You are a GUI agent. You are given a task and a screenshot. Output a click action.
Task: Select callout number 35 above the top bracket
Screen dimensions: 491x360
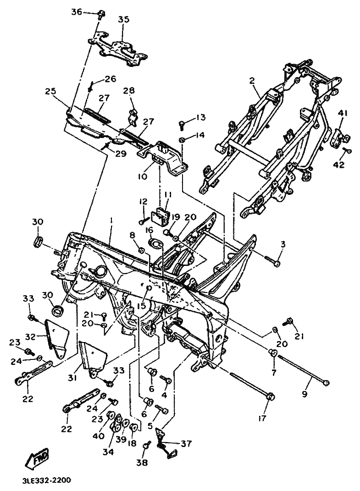point(123,20)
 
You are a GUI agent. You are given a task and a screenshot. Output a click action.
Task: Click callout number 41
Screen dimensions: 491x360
point(343,113)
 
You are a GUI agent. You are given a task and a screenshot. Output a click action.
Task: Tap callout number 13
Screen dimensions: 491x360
point(201,118)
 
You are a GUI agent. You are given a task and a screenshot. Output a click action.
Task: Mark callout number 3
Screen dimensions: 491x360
point(283,245)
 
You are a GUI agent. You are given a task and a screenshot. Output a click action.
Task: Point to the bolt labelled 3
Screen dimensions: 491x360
point(274,262)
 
